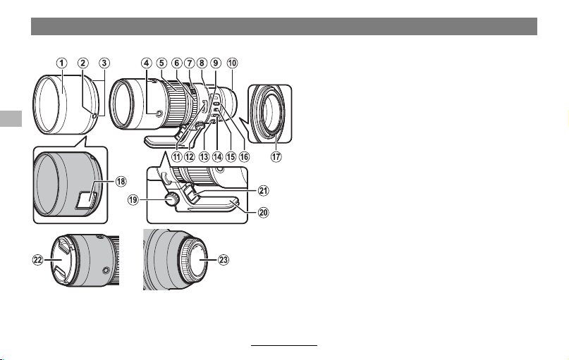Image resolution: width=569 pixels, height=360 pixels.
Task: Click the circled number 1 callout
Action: coord(61,63)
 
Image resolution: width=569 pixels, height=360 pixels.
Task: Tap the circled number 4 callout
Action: coord(146,63)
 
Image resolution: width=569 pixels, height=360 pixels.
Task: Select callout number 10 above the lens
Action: coord(232,63)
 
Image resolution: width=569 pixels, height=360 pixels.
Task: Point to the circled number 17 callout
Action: coord(276,156)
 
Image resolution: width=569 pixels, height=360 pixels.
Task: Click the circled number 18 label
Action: coord(121,181)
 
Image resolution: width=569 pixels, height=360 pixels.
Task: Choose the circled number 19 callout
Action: coord(133,199)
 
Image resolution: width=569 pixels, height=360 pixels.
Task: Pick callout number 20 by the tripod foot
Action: coord(264,212)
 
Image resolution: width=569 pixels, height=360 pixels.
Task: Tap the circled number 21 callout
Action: coord(264,190)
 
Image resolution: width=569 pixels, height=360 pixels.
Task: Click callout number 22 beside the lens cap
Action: coord(38,259)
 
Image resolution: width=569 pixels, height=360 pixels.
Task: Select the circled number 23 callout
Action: coord(224,259)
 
